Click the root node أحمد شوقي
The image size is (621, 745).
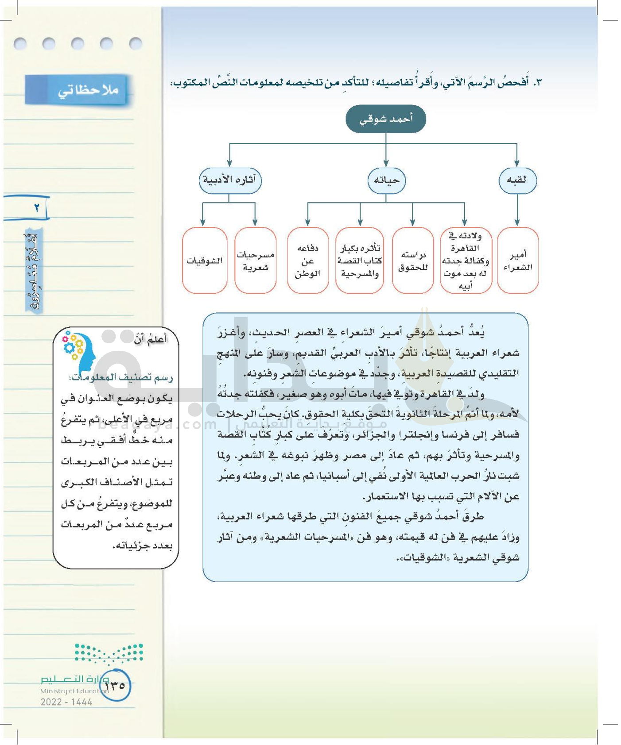[385, 119]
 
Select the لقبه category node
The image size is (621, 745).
[517, 180]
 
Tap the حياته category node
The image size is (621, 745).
[386, 180]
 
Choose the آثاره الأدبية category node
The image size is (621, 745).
[230, 180]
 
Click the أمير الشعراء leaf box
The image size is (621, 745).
[517, 261]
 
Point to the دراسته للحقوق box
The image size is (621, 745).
[412, 261]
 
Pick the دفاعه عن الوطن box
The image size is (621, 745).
[307, 261]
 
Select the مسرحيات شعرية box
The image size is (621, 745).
[255, 261]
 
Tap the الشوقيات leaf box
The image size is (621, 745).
[204, 261]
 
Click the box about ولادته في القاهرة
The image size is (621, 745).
[465, 261]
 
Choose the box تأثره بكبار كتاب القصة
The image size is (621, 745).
[359, 261]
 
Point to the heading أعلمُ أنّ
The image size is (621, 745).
[151, 340]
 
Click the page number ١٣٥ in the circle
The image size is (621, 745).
[116, 685]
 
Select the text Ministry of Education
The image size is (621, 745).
[71, 691]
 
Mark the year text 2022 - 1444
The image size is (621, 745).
[66, 702]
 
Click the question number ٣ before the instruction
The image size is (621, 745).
[537, 82]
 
